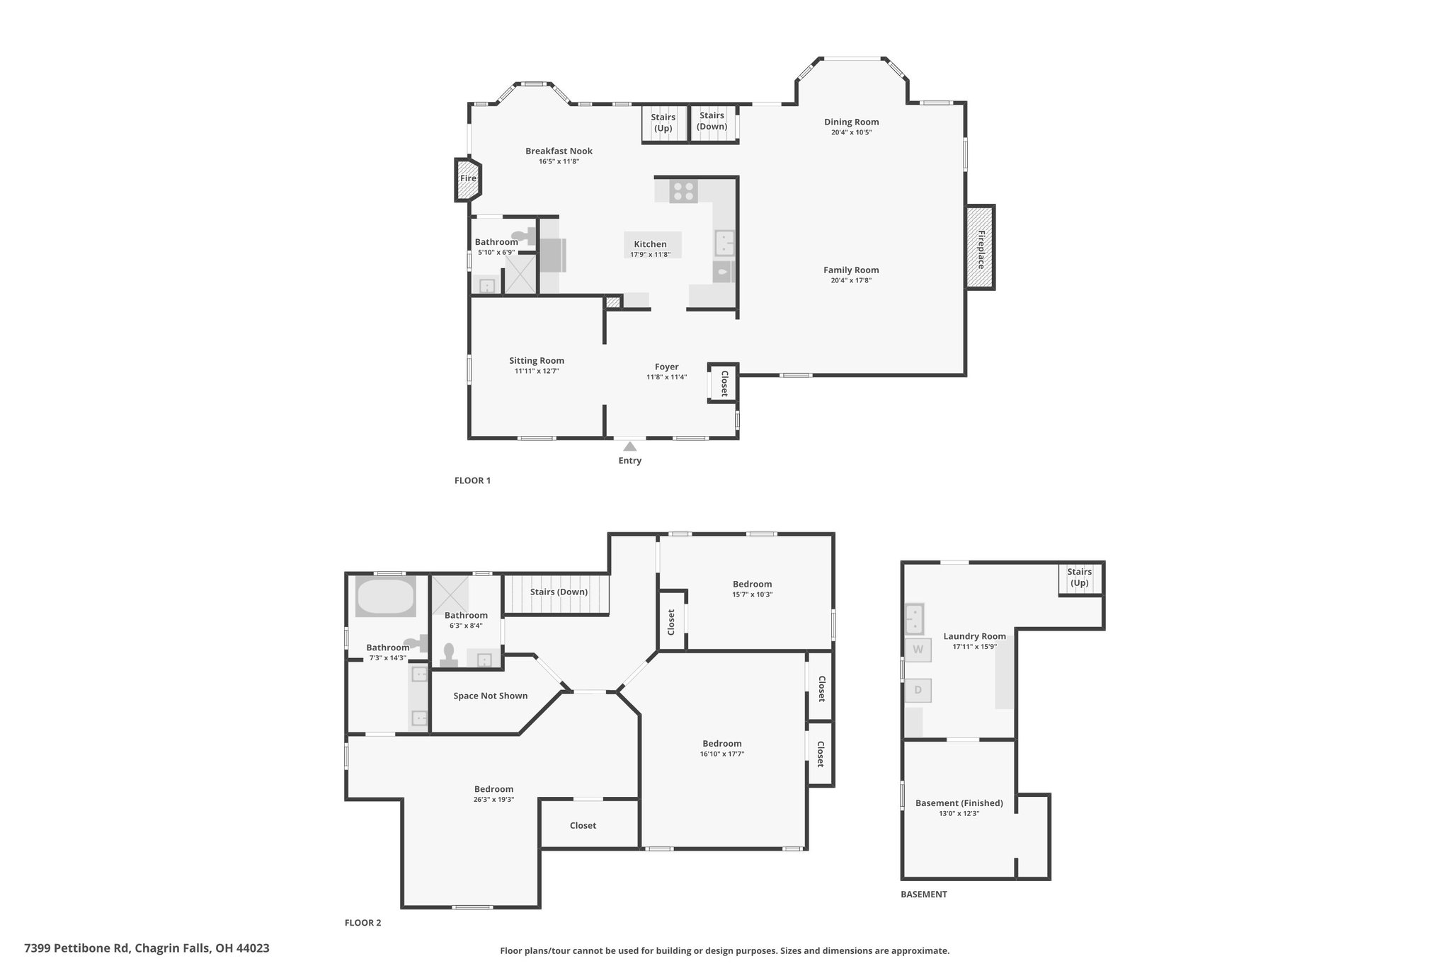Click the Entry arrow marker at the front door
coord(629,446)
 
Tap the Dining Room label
coord(851,122)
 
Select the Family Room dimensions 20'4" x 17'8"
coord(851,280)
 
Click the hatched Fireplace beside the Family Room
coord(981,247)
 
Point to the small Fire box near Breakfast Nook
coord(468,178)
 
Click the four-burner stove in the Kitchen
coord(683,191)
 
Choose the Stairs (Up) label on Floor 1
coord(663,122)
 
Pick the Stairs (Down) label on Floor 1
coord(712,121)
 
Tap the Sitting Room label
coord(537,360)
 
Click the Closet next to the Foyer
coord(724,383)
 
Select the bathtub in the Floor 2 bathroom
coord(386,597)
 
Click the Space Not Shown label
coord(491,696)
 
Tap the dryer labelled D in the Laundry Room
coord(918,690)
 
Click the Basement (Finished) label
coord(959,803)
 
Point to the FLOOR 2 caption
coord(362,923)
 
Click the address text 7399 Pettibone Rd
coord(76,948)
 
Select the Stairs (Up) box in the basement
coord(1080,578)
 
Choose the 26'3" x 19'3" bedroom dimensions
coord(494,800)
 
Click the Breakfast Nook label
coord(559,151)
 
